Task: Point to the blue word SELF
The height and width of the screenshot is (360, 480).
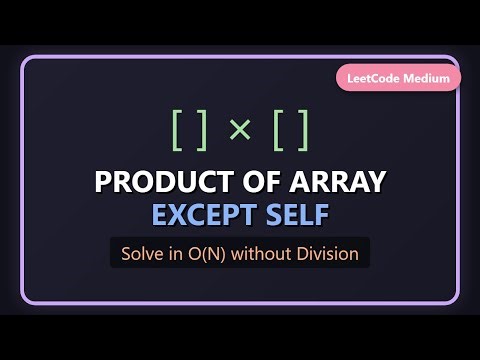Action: coord(294,215)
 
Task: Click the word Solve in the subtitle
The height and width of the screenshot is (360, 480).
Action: coord(142,253)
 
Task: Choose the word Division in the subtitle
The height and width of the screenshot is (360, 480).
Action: coord(326,253)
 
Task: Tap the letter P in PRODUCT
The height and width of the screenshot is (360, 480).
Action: coord(102,183)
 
